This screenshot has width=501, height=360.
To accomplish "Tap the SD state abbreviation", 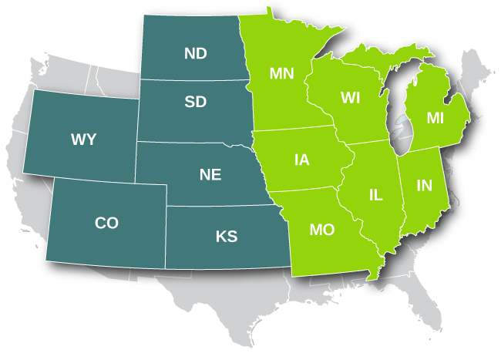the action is [x=196, y=102].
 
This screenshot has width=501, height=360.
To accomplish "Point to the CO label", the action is [x=106, y=223].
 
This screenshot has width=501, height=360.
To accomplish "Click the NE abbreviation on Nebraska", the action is [x=210, y=175].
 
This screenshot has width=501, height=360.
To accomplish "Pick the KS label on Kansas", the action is [x=227, y=237].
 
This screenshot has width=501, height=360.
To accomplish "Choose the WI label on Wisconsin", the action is [x=351, y=98].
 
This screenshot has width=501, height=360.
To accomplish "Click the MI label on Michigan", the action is [x=435, y=117].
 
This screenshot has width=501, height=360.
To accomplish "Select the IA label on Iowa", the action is [x=301, y=160].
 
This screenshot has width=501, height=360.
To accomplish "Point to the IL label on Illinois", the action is [x=375, y=196].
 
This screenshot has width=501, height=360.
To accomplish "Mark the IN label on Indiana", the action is [x=424, y=185].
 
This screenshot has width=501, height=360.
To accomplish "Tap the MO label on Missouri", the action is [x=321, y=230].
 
